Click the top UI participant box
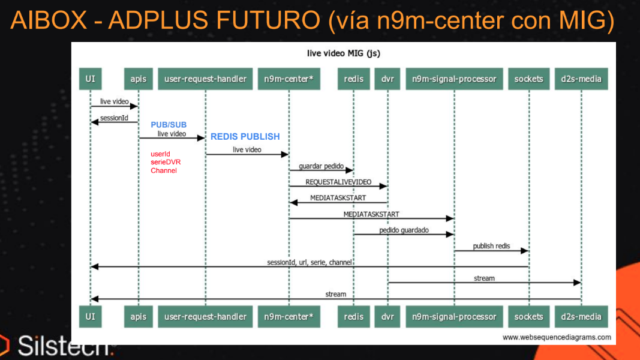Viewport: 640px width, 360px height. [90, 79]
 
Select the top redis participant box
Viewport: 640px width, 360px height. [353, 79]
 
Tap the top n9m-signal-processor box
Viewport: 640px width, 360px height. [454, 79]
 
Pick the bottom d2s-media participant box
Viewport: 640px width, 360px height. [581, 316]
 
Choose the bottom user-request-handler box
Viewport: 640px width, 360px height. [205, 316]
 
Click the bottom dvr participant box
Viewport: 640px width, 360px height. [387, 316]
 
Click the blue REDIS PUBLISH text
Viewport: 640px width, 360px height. [245, 137]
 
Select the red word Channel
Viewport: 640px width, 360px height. [164, 171]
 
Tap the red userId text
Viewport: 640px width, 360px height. [161, 154]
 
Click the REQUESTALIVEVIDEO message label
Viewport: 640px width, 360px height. [338, 182]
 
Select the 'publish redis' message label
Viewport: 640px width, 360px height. [491, 246]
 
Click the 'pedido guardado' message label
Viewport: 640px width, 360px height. [404, 230]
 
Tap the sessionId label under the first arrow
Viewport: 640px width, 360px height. [114, 118]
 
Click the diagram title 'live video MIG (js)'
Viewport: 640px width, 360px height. [343, 53]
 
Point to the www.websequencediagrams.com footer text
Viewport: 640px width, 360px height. [557, 337]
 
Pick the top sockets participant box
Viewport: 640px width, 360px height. [528, 79]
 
